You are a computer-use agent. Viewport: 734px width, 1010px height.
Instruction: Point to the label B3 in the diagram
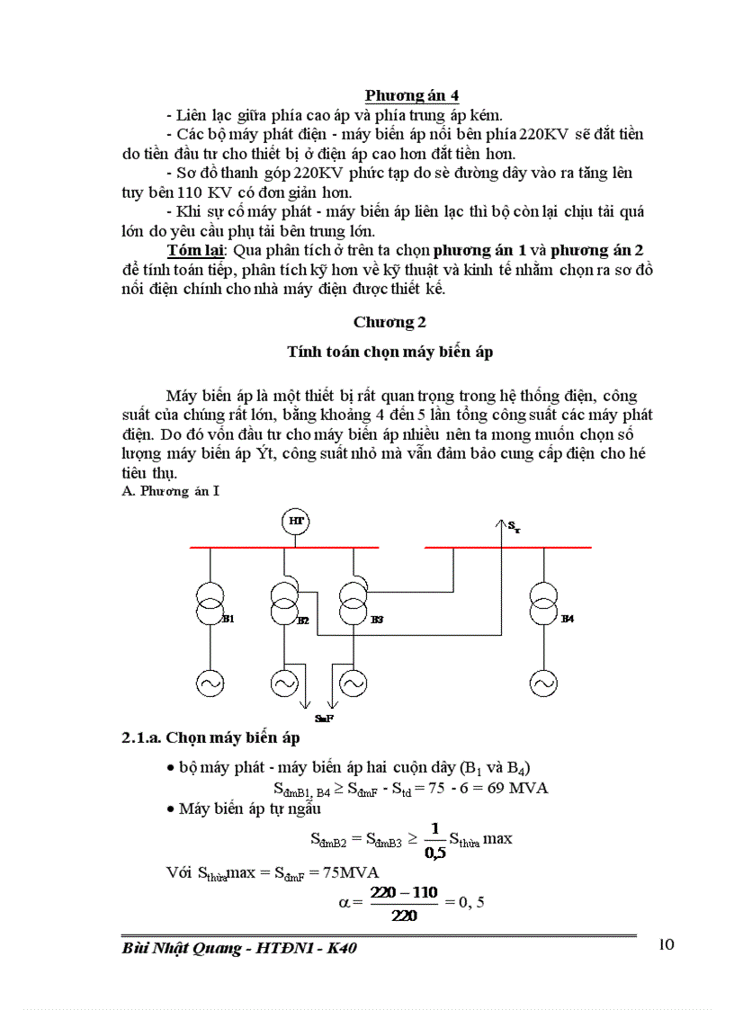(x=377, y=621)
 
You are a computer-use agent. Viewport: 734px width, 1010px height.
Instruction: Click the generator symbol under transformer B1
(x=210, y=684)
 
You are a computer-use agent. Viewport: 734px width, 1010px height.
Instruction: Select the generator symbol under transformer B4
(x=543, y=684)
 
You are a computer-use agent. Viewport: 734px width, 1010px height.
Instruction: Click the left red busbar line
(x=284, y=547)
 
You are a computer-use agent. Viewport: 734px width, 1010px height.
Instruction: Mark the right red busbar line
(x=508, y=547)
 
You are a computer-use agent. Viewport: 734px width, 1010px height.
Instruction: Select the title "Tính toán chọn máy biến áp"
(x=390, y=353)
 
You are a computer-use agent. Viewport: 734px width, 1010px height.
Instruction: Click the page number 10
(x=667, y=943)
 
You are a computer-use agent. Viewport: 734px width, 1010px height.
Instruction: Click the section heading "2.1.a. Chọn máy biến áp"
(x=210, y=738)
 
